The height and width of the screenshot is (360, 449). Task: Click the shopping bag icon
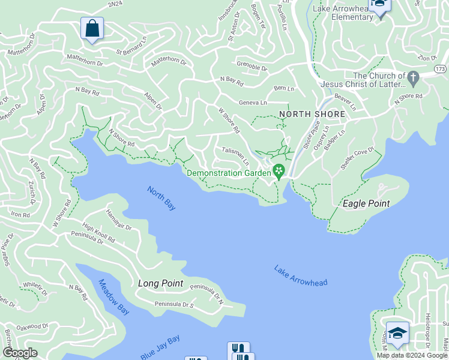point(92,28)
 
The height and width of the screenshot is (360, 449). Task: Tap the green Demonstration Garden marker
point(279,172)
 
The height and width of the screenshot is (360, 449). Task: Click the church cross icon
point(413,78)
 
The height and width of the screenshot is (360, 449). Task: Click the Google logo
point(20,353)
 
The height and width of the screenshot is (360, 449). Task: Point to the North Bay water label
point(161,198)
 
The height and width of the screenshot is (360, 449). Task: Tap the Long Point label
point(160,283)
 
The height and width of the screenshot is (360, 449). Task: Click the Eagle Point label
point(366,203)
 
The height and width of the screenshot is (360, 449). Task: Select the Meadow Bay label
point(113,298)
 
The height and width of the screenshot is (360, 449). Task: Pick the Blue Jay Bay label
point(160,347)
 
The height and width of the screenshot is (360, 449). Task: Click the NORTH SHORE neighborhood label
point(312,114)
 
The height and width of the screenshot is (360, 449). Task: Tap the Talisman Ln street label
point(235,156)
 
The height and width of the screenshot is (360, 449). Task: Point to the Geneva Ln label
point(253,103)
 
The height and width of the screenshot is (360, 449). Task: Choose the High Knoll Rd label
point(98,234)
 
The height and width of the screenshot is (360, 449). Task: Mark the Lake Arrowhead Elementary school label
point(343,13)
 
